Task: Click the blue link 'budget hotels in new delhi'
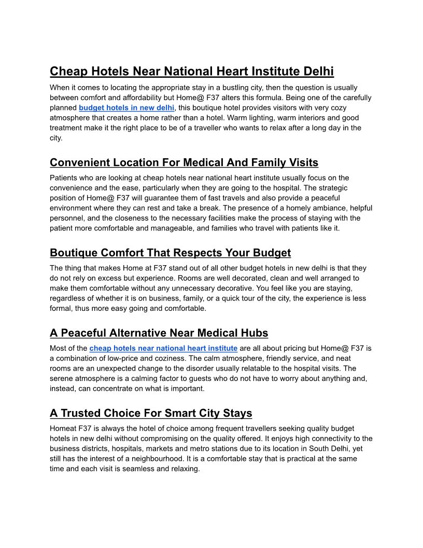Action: tap(126, 107)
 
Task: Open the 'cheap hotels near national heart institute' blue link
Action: tap(163, 348)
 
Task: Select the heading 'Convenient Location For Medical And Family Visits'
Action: tap(184, 163)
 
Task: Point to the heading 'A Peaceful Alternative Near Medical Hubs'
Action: tap(159, 333)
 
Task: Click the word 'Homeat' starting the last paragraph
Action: tap(63, 429)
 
